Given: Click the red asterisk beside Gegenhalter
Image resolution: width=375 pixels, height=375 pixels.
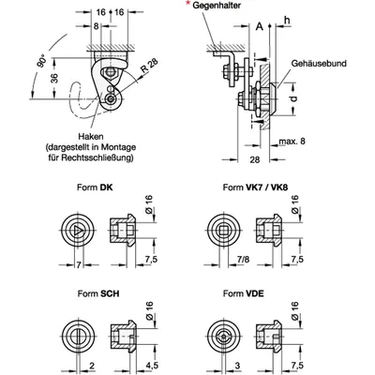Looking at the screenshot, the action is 187,3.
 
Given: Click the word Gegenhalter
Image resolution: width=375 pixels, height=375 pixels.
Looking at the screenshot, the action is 217,6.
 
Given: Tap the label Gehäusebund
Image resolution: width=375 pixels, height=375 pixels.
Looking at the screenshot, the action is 319,64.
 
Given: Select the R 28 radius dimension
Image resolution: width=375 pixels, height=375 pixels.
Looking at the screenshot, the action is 149,66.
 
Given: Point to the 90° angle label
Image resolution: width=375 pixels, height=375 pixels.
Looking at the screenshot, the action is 41,61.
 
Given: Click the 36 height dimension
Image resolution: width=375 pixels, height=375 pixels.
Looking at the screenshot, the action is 54,78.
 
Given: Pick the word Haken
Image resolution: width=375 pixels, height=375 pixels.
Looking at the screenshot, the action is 91,137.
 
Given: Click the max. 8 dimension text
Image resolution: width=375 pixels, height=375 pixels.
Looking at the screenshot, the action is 292,142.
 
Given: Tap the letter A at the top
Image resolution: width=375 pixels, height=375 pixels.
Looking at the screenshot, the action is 260,27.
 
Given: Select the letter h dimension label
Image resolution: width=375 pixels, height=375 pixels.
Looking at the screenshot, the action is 287,20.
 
